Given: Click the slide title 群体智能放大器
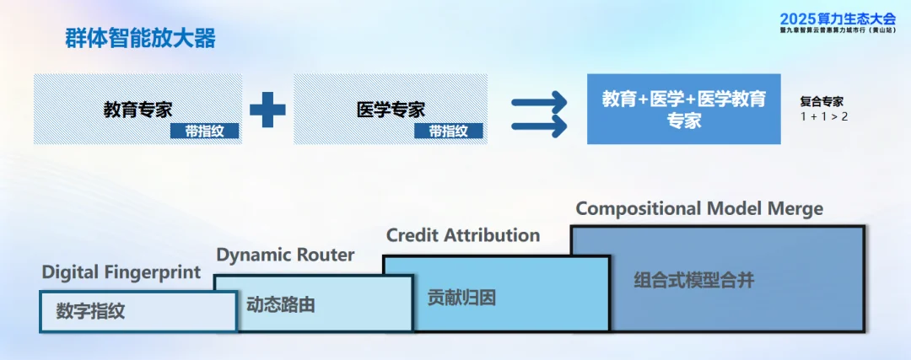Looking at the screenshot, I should click(140, 38).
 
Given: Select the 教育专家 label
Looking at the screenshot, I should click(137, 110).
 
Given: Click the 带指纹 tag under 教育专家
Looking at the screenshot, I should click(204, 131).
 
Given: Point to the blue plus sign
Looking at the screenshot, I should click(267, 110).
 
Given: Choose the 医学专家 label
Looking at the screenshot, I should click(391, 110).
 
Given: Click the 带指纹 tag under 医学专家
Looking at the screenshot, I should click(449, 131).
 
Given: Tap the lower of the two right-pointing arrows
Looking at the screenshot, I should click(539, 127).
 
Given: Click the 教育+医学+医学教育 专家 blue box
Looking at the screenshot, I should click(683, 109).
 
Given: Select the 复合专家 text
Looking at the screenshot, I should click(822, 101).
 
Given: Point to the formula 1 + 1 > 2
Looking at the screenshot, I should click(824, 116).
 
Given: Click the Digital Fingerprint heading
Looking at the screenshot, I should click(121, 272).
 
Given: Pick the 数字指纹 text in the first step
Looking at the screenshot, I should click(90, 310).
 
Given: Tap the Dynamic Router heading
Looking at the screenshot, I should click(285, 255).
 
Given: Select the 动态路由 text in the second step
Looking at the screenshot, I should click(281, 304).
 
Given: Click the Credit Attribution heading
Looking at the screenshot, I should click(463, 235).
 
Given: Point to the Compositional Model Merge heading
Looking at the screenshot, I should click(699, 208).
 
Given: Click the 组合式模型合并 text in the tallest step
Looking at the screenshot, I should click(693, 281).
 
